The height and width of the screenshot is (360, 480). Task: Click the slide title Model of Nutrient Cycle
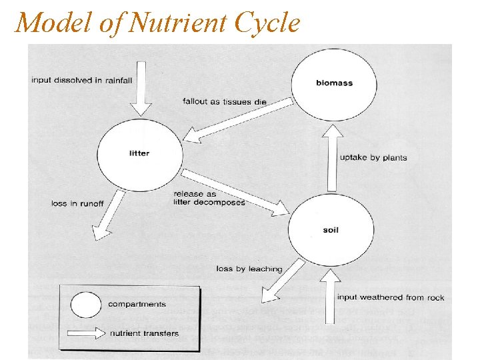(x=157, y=23)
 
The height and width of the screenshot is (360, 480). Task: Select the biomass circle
(x=334, y=83)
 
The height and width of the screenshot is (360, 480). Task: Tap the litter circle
(x=139, y=153)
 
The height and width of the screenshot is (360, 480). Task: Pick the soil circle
(x=331, y=230)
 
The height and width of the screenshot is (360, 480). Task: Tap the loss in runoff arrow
(x=110, y=215)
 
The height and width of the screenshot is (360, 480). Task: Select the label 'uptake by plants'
(x=373, y=158)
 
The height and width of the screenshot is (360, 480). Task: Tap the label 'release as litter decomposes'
(x=209, y=198)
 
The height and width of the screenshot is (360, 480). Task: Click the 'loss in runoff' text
(x=77, y=203)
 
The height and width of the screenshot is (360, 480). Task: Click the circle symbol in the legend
(x=85, y=305)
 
